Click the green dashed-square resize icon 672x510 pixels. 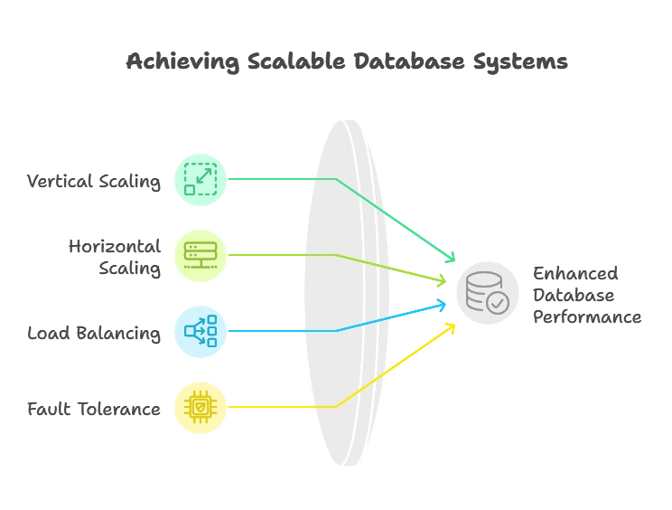point(201,178)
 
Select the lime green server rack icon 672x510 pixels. point(201,255)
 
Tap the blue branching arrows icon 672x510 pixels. point(201,331)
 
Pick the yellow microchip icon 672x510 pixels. point(201,407)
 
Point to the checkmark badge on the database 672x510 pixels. point(498,303)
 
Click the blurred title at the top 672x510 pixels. point(346,61)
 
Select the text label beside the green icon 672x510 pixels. point(96,180)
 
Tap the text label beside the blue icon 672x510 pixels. point(94,333)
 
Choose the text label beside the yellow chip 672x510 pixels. point(92,410)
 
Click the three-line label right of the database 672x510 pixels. point(583,294)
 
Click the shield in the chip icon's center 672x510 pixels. point(201,408)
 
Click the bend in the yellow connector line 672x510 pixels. point(336,407)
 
